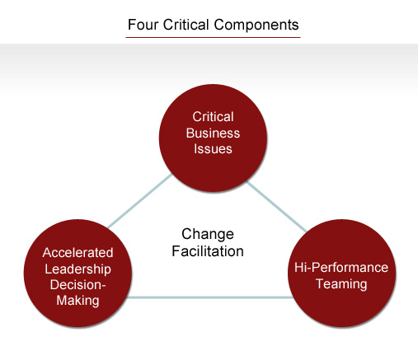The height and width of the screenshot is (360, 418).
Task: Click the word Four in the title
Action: click(x=143, y=25)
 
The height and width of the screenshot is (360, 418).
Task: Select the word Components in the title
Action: click(x=256, y=26)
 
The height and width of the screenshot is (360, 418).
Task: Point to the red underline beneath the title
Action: click(x=213, y=37)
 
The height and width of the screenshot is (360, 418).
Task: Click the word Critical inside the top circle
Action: click(x=213, y=117)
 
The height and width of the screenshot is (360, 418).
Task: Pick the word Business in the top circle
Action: click(x=213, y=133)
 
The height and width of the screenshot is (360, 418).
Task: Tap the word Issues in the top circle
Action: click(x=213, y=149)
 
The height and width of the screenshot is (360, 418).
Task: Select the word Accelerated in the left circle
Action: click(x=77, y=253)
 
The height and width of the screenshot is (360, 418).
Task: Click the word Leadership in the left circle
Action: click(x=77, y=269)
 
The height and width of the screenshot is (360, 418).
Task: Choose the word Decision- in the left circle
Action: click(x=77, y=284)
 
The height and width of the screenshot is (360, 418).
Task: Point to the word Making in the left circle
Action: click(x=77, y=301)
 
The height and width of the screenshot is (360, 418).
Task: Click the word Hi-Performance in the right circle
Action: click(x=341, y=268)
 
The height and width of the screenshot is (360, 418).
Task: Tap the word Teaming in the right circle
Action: click(x=341, y=283)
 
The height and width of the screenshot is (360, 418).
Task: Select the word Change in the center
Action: click(x=208, y=234)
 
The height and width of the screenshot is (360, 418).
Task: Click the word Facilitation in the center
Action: click(x=208, y=251)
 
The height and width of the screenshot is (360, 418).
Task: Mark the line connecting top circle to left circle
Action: click(x=140, y=201)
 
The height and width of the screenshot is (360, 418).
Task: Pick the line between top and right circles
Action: click(x=277, y=207)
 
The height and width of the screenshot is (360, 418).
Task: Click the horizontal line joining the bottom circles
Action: click(x=209, y=297)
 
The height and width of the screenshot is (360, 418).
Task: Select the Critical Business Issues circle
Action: click(x=213, y=138)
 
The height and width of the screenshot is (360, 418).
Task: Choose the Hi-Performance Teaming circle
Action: click(x=342, y=274)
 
